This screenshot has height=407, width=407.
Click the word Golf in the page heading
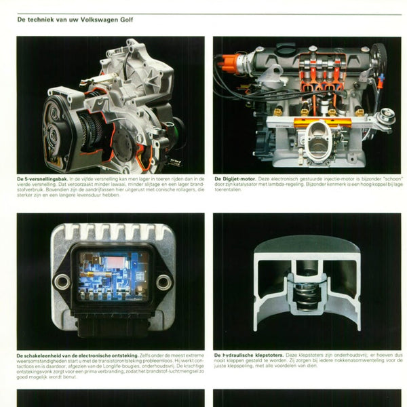tap(127, 20)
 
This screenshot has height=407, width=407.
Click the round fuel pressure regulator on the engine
tap(385, 116)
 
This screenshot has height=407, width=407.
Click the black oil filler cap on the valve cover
tap(285, 50)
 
